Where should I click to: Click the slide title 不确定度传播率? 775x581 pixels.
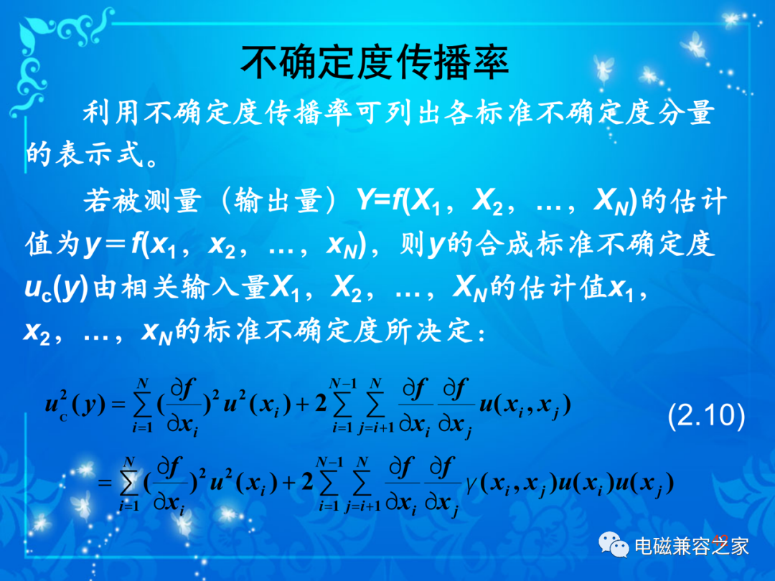pos(375,62)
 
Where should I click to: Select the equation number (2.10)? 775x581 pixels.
pos(706,415)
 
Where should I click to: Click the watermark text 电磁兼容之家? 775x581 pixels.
pos(691,546)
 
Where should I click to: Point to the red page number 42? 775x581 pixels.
pos(721,539)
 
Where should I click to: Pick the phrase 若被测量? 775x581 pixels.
pos(142,201)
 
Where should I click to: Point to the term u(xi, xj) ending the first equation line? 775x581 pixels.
pos(525,405)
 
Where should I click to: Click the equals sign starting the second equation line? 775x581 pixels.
pos(104,482)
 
